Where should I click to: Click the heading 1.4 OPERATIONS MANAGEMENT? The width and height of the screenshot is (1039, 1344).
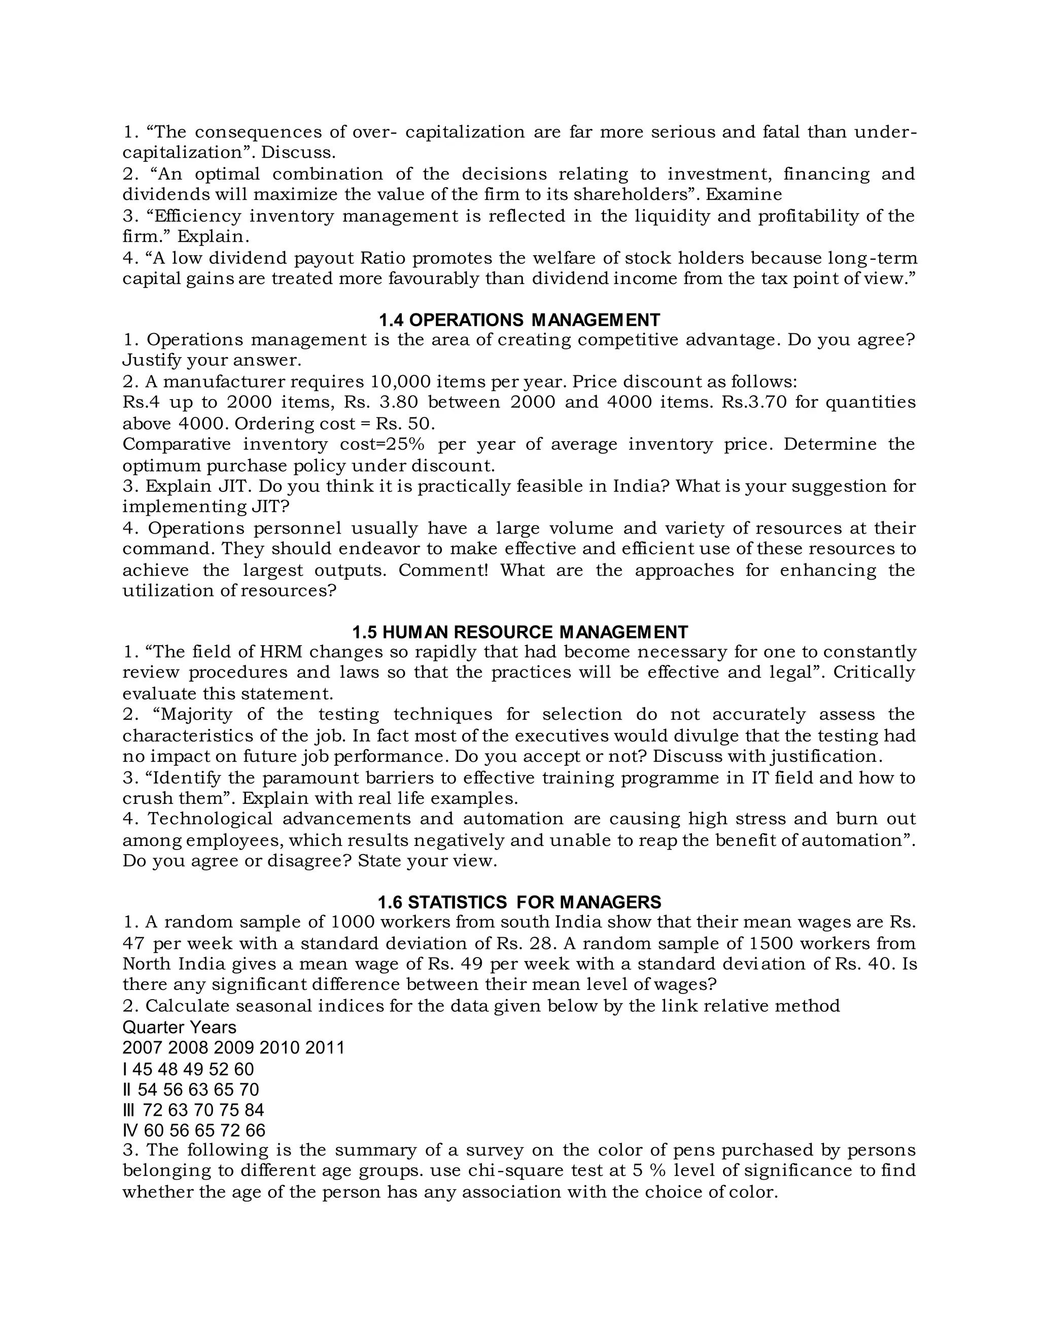click(519, 320)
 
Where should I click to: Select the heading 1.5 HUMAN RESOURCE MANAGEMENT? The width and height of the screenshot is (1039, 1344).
click(519, 632)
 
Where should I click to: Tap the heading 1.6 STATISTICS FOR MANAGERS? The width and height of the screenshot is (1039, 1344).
click(519, 902)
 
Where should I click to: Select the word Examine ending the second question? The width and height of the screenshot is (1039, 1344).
click(744, 194)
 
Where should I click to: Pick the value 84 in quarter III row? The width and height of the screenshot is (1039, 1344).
click(254, 1110)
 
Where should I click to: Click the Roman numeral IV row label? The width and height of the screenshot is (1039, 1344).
click(130, 1130)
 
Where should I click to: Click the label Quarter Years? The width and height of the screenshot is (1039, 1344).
click(179, 1027)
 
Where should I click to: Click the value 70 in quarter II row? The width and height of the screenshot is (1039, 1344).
click(249, 1089)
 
